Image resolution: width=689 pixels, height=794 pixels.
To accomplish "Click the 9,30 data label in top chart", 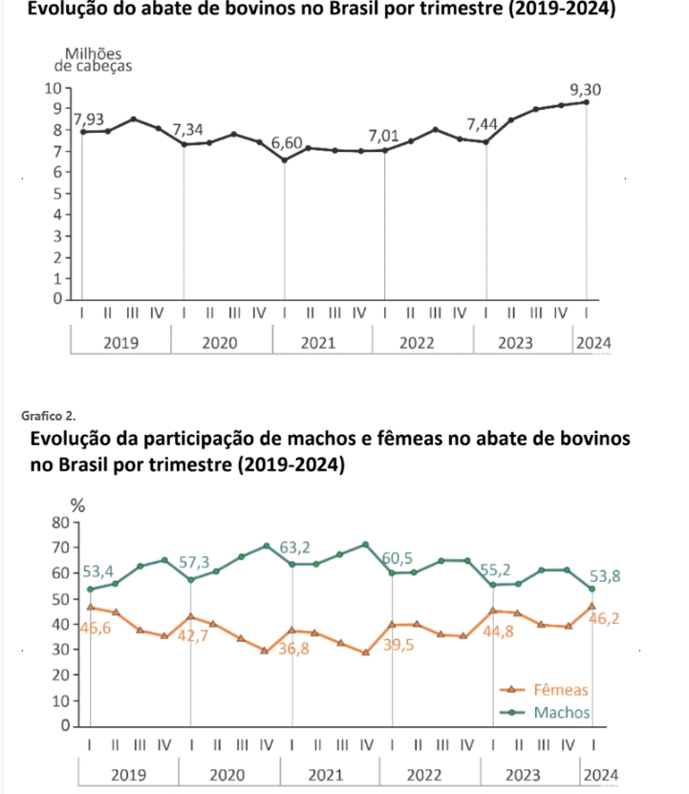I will click(x=585, y=90).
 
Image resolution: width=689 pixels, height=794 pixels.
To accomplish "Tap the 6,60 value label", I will click(x=288, y=144).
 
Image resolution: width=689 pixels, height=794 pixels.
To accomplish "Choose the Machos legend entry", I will click(x=561, y=713).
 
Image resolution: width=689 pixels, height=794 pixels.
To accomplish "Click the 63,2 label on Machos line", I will click(x=295, y=547).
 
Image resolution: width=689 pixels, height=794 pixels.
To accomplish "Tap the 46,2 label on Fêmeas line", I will click(x=604, y=619).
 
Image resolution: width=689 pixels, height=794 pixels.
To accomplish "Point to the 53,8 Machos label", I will click(x=604, y=576).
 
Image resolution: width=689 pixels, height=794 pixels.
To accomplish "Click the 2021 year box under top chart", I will click(x=318, y=343).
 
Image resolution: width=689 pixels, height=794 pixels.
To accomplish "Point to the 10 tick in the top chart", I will click(x=54, y=88).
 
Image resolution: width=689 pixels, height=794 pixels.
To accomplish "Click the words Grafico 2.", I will click(x=53, y=416).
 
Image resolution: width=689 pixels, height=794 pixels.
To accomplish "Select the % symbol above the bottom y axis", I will click(x=78, y=504).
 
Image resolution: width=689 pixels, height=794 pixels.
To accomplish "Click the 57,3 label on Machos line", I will click(x=195, y=561).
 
